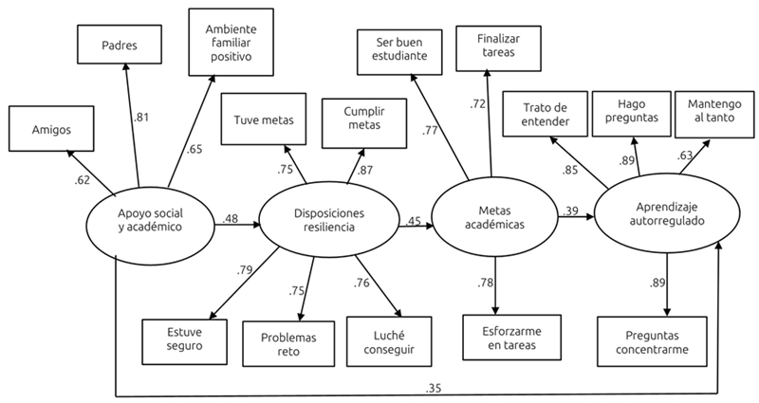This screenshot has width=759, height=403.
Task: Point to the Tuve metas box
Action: pyautogui.click(x=265, y=119)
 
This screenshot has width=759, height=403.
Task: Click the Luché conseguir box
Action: pyautogui.click(x=386, y=341)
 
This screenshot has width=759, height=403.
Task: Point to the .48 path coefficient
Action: pyautogui.click(x=231, y=219)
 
